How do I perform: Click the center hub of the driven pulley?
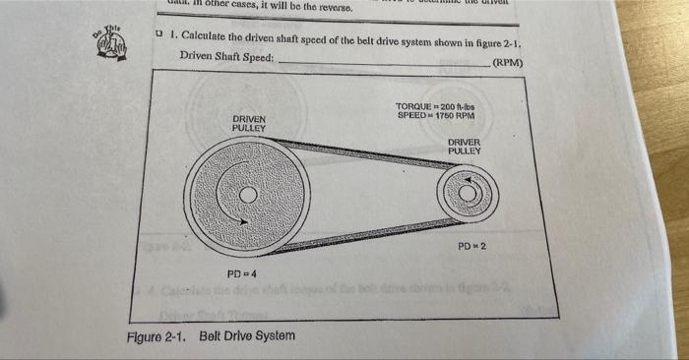click(249, 195)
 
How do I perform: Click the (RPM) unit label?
click(506, 64)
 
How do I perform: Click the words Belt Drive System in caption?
click(246, 335)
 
